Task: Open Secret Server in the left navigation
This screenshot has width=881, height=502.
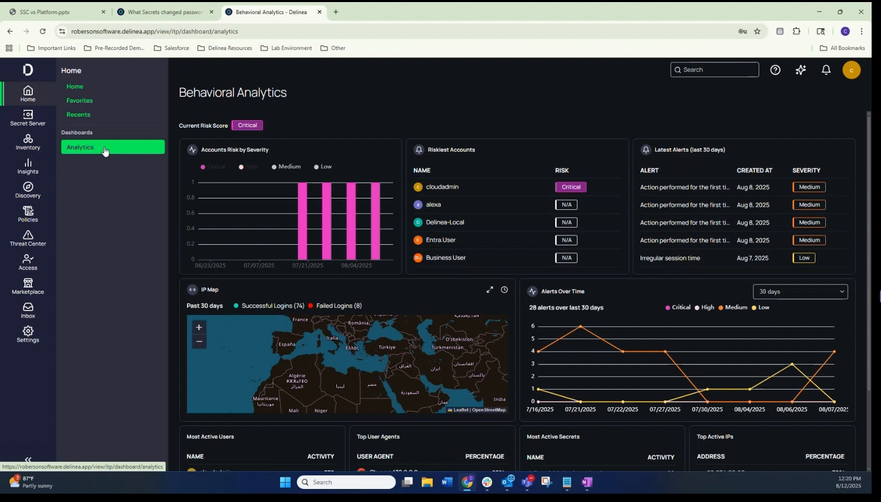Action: [x=28, y=118]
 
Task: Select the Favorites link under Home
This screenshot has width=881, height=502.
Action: [x=80, y=101]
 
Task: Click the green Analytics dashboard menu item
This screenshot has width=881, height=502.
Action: [x=112, y=147]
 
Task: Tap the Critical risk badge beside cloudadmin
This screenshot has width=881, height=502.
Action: [x=571, y=187]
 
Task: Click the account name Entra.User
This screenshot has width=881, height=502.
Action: [x=440, y=240]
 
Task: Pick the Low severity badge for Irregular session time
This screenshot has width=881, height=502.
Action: [x=804, y=258]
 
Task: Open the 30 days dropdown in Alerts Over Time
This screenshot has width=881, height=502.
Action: [x=800, y=292]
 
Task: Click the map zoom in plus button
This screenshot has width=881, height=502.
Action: [x=199, y=328]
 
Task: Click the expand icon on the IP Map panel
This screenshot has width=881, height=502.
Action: [x=489, y=290]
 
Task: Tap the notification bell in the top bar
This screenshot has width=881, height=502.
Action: [x=826, y=70]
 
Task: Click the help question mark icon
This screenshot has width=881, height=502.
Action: [x=775, y=70]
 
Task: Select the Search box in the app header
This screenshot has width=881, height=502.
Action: [x=714, y=70]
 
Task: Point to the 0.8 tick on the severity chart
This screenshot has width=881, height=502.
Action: [x=191, y=197]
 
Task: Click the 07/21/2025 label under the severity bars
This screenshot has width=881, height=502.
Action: [x=308, y=266]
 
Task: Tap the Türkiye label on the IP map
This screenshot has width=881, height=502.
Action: [x=387, y=347]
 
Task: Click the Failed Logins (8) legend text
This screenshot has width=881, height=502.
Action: [x=338, y=306]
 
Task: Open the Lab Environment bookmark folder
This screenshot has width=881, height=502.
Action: [x=291, y=48]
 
